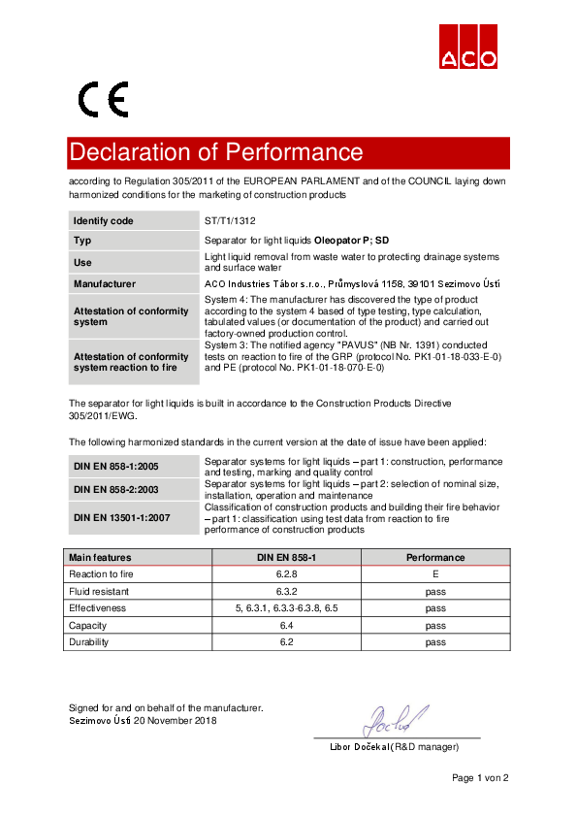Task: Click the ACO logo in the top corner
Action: click(x=469, y=46)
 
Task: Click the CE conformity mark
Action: click(x=104, y=99)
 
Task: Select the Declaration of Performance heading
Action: click(x=215, y=152)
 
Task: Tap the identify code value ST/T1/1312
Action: click(x=230, y=221)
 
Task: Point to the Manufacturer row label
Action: click(x=105, y=284)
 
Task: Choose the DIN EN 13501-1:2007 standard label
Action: click(x=122, y=518)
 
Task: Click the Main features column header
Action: click(x=100, y=558)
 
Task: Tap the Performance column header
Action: click(x=435, y=558)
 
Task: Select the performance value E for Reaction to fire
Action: click(x=435, y=574)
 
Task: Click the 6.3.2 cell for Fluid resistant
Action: click(x=285, y=591)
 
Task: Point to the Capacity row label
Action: click(x=87, y=626)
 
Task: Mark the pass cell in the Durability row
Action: click(x=435, y=642)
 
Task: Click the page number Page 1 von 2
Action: click(x=479, y=778)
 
